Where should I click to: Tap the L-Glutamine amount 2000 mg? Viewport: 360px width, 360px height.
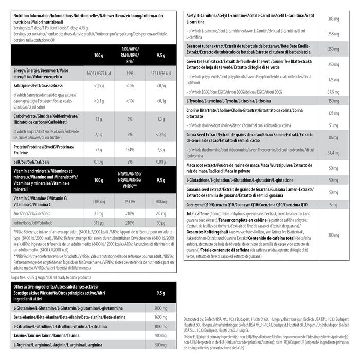tap(160, 307)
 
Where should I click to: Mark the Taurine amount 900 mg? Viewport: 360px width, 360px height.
tap(160, 335)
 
